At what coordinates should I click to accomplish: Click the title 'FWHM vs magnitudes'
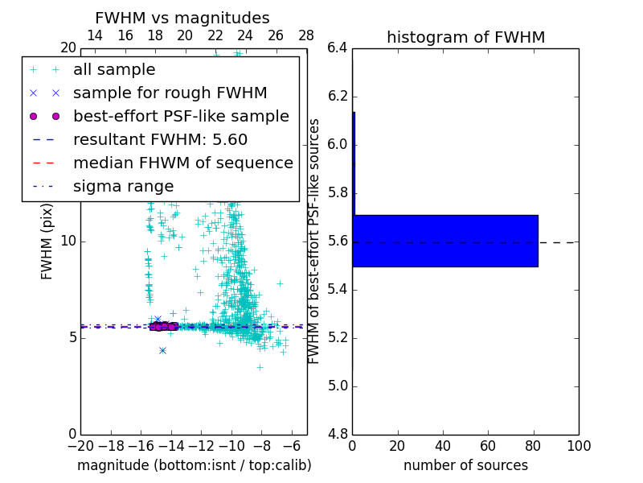pos(182,19)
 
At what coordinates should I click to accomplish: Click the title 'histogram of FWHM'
pos(465,37)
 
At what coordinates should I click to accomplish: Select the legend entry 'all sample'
pos(114,70)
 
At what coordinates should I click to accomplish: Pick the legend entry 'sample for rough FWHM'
pos(170,93)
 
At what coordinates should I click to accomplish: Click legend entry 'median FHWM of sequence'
pos(182,163)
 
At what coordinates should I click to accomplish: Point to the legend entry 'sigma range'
pos(123,186)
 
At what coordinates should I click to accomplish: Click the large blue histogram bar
pos(445,241)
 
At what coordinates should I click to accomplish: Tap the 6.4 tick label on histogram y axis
pos(338,48)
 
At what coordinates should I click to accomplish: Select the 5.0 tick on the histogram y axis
pos(338,386)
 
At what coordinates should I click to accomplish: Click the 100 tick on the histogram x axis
pos(578,446)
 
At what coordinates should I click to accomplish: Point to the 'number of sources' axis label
pos(465,465)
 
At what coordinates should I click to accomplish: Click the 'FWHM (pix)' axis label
pos(47,242)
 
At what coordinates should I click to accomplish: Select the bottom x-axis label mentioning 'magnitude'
pos(194,465)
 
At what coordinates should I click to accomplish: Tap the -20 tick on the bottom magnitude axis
pos(80,446)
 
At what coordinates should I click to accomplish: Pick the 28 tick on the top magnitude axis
pos(306,35)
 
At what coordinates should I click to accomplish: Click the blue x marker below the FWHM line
pos(162,350)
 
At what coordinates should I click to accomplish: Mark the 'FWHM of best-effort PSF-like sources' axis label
pos(315,241)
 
